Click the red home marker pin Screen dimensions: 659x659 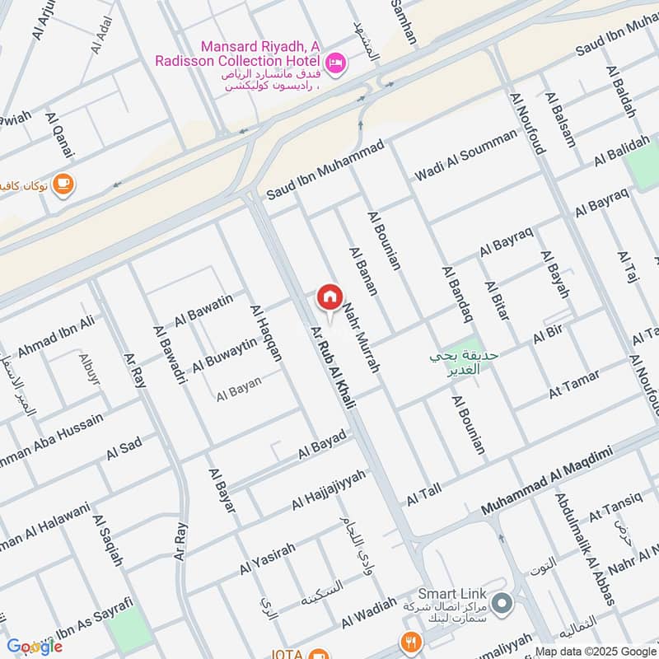coord(329,298)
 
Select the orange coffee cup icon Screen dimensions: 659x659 coord(63,184)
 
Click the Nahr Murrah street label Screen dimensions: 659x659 coord(362,338)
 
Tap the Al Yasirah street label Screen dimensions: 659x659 coord(268,559)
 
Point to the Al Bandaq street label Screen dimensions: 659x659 coord(457,293)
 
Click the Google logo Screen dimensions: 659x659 coord(35,646)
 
